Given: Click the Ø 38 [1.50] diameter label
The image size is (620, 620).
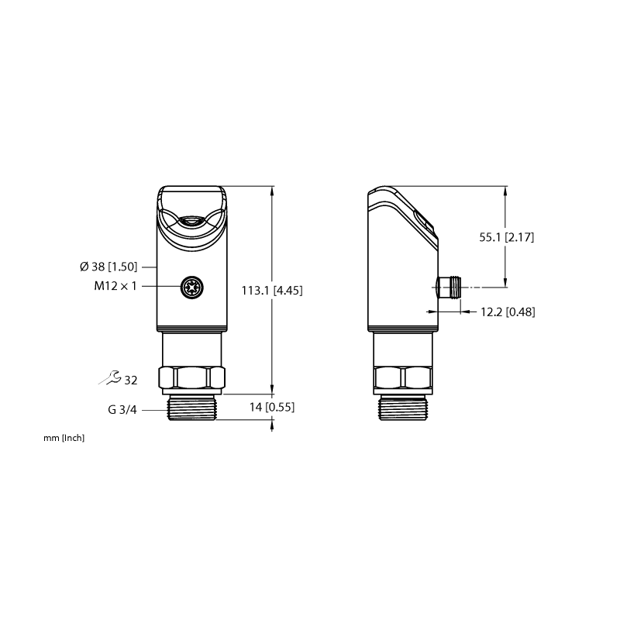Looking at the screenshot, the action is (108, 267).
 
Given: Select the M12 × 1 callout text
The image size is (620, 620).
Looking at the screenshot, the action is (115, 286).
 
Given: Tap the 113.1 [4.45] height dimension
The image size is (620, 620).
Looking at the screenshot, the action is (272, 291).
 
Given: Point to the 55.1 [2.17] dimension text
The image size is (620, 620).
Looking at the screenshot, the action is (507, 237).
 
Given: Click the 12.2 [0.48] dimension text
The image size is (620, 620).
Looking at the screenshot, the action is (508, 312).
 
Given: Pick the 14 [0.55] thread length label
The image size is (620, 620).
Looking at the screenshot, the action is (272, 407).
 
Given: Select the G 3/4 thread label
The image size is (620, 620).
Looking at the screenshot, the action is (122, 410).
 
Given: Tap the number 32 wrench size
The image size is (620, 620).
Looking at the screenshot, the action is (131, 381).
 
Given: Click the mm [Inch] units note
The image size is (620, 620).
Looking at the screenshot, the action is (64, 438).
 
